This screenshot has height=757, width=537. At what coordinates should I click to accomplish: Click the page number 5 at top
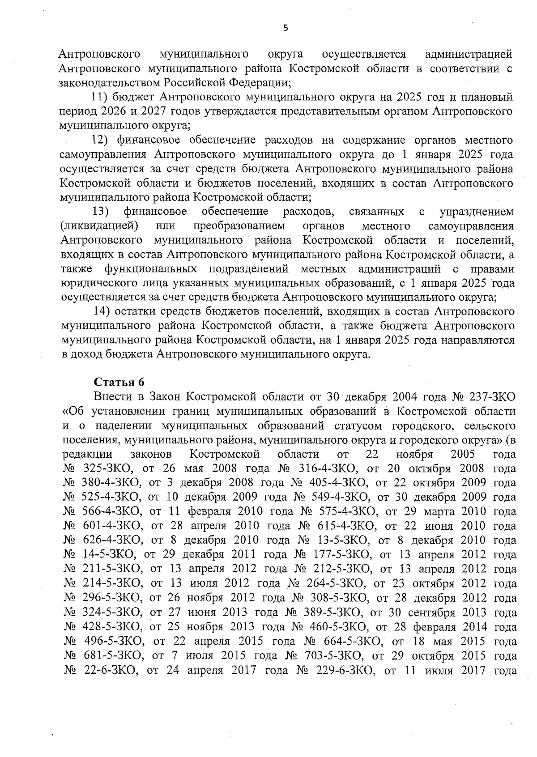[286, 28]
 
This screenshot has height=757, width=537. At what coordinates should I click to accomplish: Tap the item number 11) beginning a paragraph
[99, 97]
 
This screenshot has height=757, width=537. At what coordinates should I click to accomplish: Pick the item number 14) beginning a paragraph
[101, 311]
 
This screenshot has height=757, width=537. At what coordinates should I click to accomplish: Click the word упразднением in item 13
[477, 212]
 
